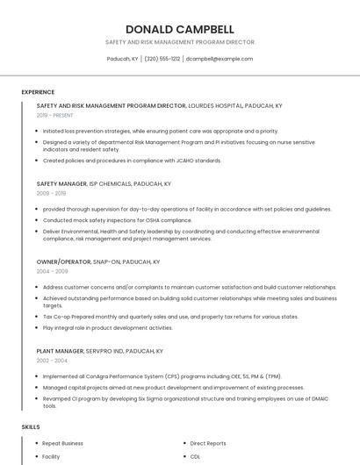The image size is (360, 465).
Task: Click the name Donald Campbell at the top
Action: [179, 28]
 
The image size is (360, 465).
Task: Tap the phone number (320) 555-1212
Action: [162, 59]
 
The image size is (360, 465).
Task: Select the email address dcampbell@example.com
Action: [220, 59]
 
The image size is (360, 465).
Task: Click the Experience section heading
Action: [38, 92]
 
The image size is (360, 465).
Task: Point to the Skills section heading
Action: [31, 426]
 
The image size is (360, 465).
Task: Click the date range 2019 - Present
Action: [54, 115]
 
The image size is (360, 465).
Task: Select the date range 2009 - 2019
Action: [51, 193]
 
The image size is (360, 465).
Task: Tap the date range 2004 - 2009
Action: [52, 271]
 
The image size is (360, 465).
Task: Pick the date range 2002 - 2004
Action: [52, 360]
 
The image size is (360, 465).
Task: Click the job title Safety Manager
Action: [61, 184]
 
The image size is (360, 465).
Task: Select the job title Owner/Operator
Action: [63, 262]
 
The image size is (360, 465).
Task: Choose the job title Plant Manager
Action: [60, 351]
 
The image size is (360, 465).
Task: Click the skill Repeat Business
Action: [62, 444]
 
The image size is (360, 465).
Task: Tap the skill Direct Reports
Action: [208, 444]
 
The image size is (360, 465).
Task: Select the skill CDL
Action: [195, 457]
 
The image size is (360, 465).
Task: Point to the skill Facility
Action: [51, 457]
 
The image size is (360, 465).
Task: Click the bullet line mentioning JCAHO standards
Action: [132, 161]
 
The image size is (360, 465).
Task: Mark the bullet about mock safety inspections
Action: [117, 220]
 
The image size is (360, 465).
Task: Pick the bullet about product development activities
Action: [107, 328]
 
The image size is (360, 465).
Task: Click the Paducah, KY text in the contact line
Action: [122, 59]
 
